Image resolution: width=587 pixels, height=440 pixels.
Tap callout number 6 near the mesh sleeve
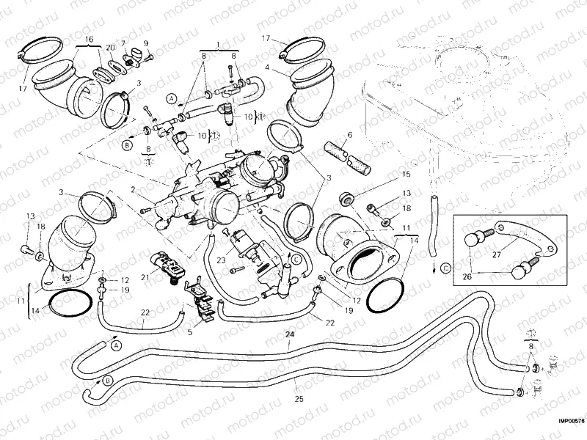(350, 135)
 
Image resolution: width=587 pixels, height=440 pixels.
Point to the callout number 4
(268, 67)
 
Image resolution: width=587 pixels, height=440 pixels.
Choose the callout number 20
(110, 47)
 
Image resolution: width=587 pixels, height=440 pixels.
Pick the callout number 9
(145, 43)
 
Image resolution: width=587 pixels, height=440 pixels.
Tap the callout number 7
(123, 43)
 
